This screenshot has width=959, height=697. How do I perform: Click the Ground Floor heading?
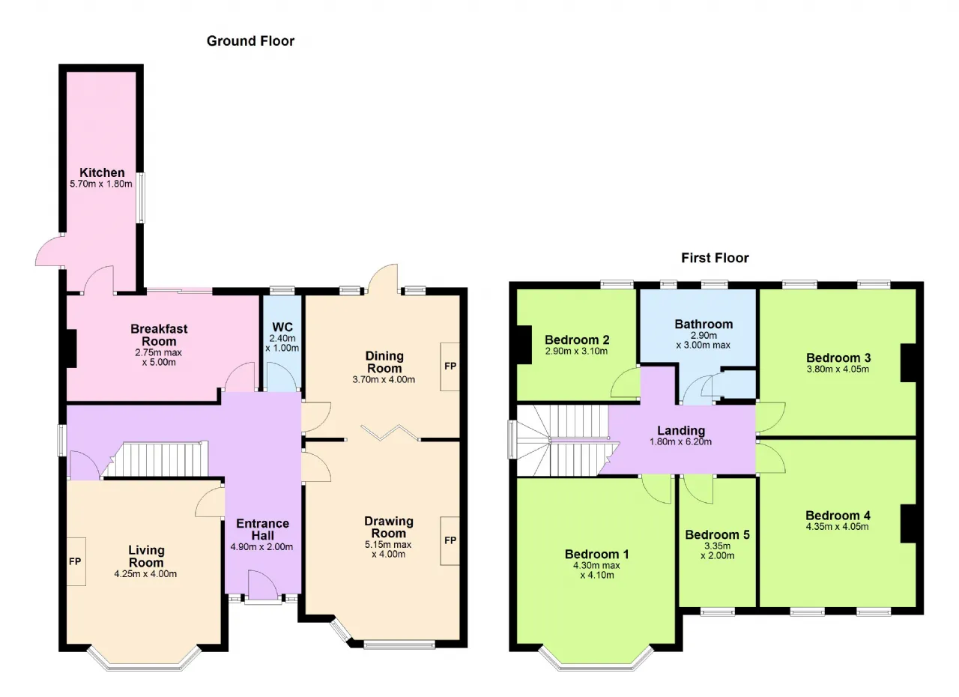(x=250, y=41)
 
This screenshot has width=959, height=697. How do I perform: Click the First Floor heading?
(x=715, y=258)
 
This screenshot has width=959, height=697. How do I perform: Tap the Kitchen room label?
(x=102, y=172)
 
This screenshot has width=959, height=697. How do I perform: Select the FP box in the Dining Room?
(x=450, y=366)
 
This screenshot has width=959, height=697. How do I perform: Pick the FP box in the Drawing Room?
(x=450, y=540)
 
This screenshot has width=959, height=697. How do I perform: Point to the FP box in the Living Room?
(x=76, y=561)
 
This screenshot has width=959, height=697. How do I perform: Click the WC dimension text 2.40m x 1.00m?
(x=282, y=343)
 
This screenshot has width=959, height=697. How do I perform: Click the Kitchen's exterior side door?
(x=49, y=251)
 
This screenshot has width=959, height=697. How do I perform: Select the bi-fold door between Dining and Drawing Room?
(x=390, y=432)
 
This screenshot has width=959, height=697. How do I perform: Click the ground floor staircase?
(x=156, y=460)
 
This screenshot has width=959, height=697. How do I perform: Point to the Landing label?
(x=681, y=430)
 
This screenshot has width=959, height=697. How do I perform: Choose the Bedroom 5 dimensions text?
(x=718, y=551)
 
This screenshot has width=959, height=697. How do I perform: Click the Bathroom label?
(x=704, y=324)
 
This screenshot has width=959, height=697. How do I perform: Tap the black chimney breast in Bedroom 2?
(x=524, y=345)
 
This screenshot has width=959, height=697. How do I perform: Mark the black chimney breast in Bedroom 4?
(x=909, y=524)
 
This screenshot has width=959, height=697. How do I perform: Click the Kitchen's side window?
(x=140, y=197)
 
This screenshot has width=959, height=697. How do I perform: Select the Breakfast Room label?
(x=159, y=335)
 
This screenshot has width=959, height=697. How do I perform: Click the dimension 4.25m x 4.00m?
(x=145, y=573)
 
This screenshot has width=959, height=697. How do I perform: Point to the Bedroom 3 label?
(x=838, y=357)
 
